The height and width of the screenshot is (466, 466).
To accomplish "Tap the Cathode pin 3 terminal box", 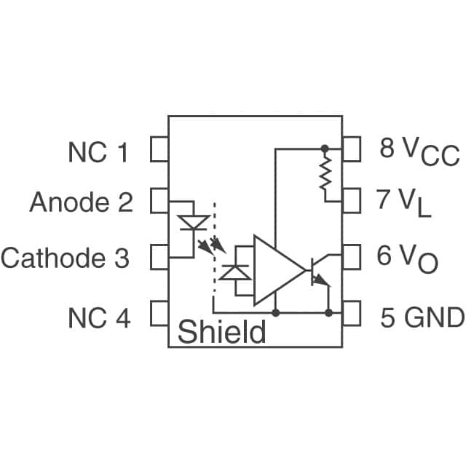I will (159, 257).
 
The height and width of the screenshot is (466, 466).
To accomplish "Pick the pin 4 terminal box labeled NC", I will (159, 314).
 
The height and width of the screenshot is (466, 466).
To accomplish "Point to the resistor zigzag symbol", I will (325, 174).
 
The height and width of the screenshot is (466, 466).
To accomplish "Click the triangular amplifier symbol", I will (277, 270).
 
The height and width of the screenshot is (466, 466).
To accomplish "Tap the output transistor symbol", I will (318, 272).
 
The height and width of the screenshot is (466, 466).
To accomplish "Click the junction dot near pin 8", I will (325, 148).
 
